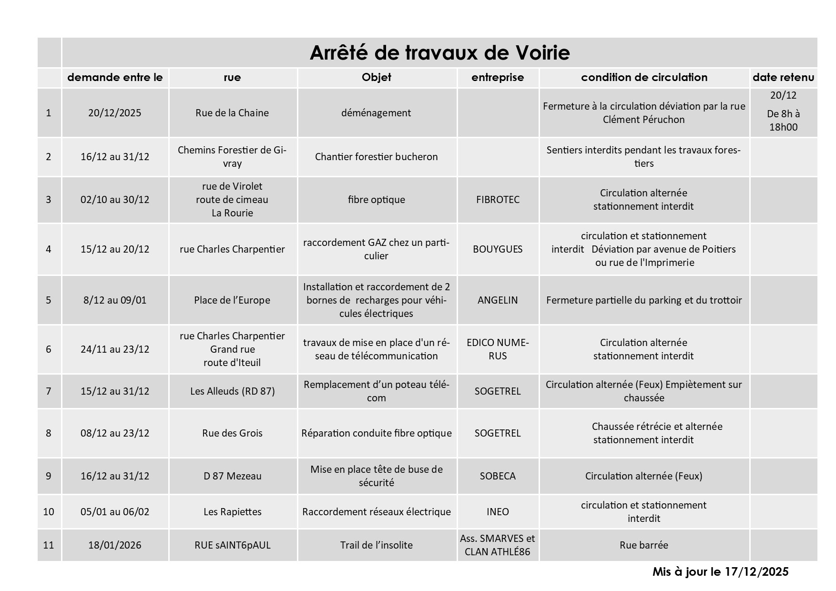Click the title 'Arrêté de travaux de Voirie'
point(439,53)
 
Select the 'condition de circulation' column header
point(644,77)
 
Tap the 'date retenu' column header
point(783,77)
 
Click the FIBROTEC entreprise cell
point(498,200)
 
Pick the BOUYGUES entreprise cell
point(498,249)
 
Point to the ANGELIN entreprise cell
point(498,300)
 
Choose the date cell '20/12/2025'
point(115,113)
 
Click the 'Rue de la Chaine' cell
point(232,113)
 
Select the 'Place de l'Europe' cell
point(232,300)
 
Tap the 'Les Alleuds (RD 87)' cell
point(232,391)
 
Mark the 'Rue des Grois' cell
point(232,433)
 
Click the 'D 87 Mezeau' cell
point(232,476)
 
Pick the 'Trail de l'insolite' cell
point(376,545)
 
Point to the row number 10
point(49,512)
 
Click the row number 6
point(49,349)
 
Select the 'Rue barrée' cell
point(643,545)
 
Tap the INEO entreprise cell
point(498,512)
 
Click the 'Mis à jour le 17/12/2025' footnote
point(720,572)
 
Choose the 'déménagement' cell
point(376,113)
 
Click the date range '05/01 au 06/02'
point(115,512)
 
